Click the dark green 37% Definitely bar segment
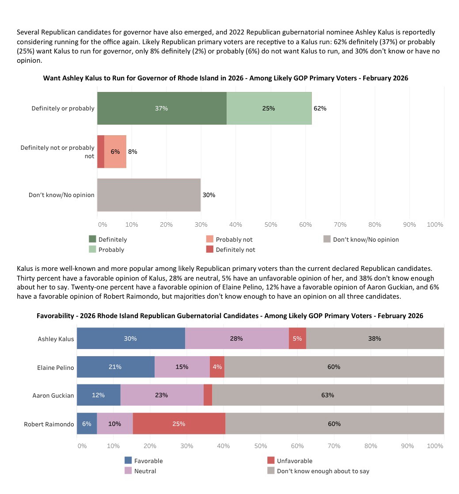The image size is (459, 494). (x=162, y=108)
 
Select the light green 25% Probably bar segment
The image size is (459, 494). (x=269, y=108)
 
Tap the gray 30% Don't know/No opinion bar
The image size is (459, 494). (x=149, y=195)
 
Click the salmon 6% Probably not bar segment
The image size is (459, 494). (x=115, y=152)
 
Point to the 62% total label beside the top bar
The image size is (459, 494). (x=320, y=108)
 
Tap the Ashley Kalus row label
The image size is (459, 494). (x=56, y=339)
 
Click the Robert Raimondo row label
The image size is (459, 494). (x=49, y=424)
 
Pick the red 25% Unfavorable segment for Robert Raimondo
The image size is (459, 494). (x=179, y=424)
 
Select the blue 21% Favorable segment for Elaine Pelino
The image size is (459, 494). (x=116, y=367)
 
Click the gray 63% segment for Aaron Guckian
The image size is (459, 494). (x=328, y=395)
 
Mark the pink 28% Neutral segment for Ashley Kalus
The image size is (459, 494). (x=237, y=338)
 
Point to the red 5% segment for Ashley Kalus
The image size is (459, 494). (x=297, y=338)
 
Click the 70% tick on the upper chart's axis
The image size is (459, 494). (x=340, y=224)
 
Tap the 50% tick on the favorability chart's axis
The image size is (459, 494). (x=260, y=446)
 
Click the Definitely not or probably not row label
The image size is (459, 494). (x=57, y=152)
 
